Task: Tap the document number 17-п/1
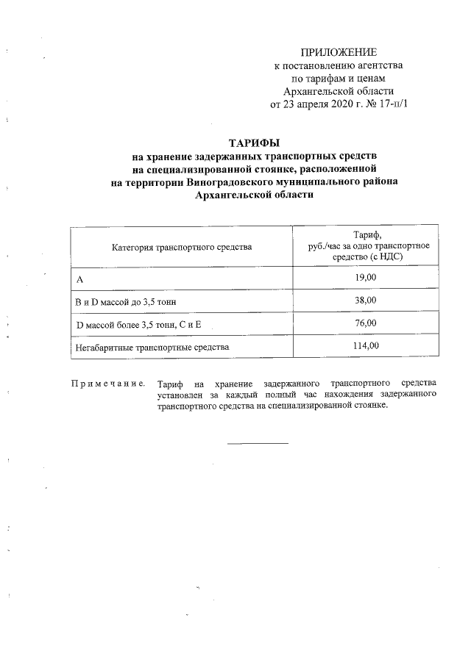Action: (391, 104)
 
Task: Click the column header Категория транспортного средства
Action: (182, 248)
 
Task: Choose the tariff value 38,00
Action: (366, 301)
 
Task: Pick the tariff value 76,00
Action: (366, 323)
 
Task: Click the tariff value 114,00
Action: (366, 345)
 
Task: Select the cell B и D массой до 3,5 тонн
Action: (126, 301)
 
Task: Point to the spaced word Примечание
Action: (107, 384)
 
